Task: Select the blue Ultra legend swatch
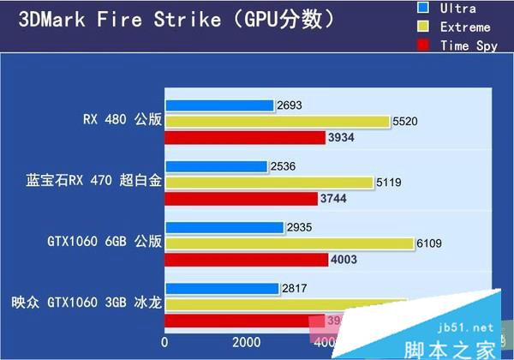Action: [423, 9]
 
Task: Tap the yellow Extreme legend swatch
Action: [423, 27]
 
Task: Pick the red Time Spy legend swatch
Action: [423, 45]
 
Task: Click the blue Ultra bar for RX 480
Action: [219, 105]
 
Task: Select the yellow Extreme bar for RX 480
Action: [276, 122]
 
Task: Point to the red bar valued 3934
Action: [244, 137]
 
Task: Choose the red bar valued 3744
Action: [241, 198]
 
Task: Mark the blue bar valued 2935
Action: [224, 227]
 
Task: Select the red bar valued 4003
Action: [246, 259]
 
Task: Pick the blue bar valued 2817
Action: [222, 289]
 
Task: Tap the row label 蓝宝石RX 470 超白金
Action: [93, 182]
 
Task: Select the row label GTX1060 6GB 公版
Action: [105, 243]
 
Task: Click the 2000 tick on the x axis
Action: [248, 342]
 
